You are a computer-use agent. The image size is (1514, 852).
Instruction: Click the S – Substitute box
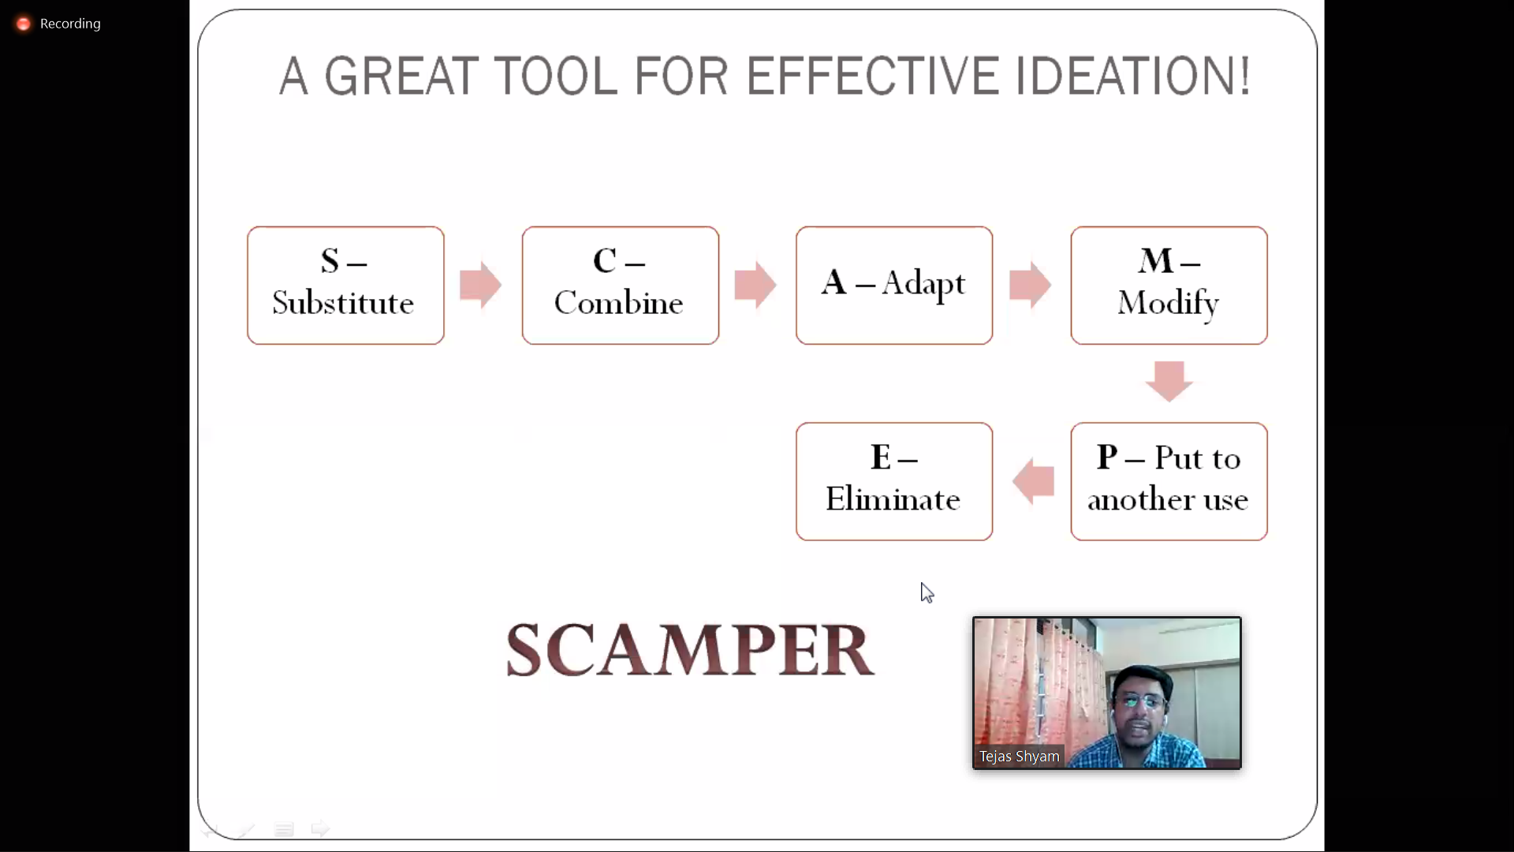(x=345, y=285)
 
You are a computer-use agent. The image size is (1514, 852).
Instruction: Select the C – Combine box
(x=620, y=285)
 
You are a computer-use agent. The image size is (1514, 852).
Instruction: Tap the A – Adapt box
(x=893, y=285)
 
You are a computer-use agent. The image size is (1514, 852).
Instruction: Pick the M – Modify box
(x=1169, y=285)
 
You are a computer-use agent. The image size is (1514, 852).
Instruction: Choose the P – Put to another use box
(x=1169, y=481)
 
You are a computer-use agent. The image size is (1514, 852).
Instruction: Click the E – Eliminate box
(x=893, y=481)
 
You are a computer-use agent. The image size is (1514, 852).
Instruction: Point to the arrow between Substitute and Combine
(x=480, y=285)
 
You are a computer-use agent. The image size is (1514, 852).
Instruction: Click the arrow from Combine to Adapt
(x=755, y=285)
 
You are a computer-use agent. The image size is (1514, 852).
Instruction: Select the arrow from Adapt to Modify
(x=1029, y=285)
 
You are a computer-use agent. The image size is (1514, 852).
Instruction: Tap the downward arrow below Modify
(x=1169, y=381)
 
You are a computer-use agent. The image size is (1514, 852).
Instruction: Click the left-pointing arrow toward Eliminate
(x=1033, y=481)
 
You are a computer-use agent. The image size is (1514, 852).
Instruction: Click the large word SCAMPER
(x=689, y=650)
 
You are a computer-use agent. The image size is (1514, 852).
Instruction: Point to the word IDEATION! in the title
(x=1132, y=77)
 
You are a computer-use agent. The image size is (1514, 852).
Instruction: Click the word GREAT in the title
(x=401, y=77)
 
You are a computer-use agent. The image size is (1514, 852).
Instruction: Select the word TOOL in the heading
(x=556, y=77)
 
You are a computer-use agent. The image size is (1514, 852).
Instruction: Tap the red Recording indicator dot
(x=24, y=24)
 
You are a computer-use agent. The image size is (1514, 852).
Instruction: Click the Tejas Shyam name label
(x=1019, y=756)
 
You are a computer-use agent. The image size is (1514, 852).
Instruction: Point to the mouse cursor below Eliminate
(x=927, y=592)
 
